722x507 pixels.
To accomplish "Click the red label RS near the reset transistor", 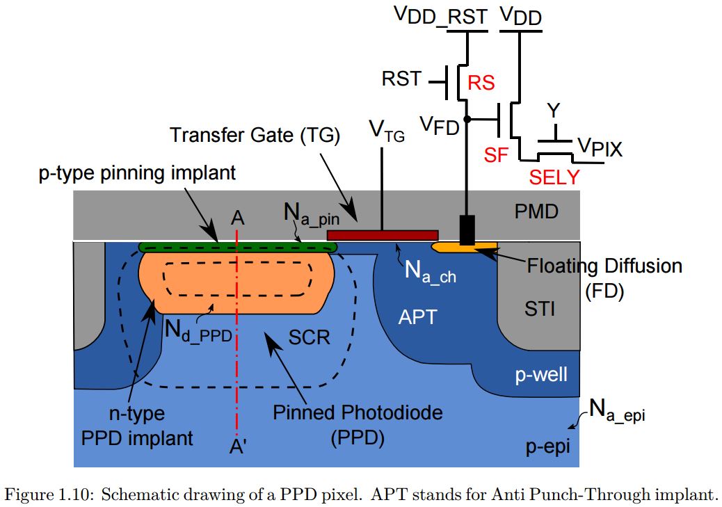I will [481, 83].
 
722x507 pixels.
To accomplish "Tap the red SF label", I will [497, 154].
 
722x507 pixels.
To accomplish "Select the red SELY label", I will [554, 177].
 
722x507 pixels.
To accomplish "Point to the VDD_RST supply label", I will [440, 16].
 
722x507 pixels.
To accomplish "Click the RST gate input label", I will [401, 79].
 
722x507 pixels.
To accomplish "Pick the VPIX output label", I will [600, 147].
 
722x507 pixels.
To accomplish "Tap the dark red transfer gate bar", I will [382, 235].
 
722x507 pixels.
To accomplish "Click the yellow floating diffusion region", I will [463, 246].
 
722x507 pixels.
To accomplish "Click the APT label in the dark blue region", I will [417, 317].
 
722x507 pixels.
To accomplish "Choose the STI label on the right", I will [540, 308].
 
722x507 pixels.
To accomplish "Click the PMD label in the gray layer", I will [536, 211].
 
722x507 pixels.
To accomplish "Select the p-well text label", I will [541, 375].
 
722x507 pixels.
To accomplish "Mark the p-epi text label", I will [547, 446].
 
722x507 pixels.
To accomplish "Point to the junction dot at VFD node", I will [466, 120].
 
